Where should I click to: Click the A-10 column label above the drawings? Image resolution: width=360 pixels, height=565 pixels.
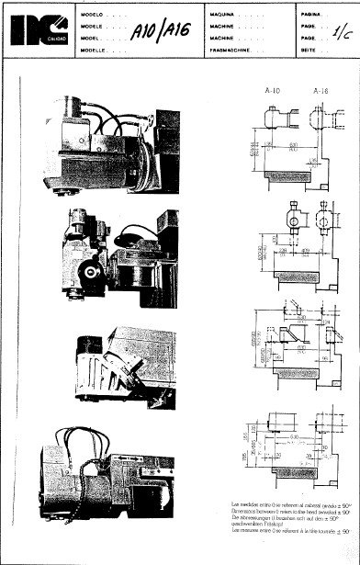(272, 92)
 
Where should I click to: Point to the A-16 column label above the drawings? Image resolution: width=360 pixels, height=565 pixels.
(320, 92)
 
